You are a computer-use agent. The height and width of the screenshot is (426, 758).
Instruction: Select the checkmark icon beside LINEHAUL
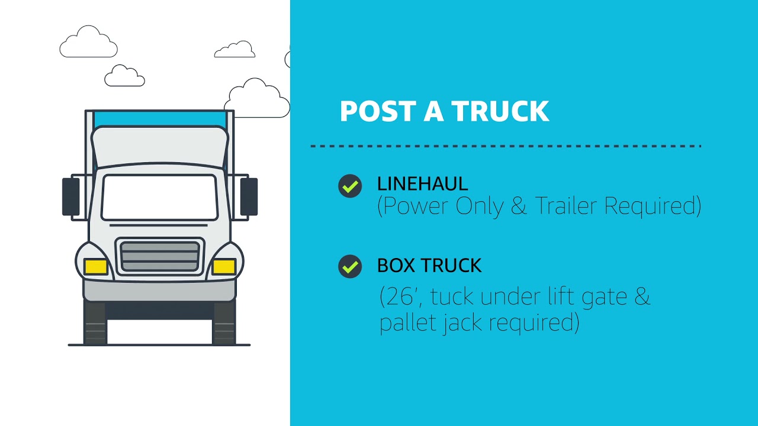350,186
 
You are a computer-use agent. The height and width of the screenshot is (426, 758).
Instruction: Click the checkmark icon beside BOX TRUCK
350,266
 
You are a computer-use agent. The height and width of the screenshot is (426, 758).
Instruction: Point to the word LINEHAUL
423,184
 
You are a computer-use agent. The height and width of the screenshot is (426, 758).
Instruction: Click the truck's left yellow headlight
96,266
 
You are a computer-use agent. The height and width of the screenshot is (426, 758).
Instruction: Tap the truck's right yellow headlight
224,266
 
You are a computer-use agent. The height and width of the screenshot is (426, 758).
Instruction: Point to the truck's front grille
160,256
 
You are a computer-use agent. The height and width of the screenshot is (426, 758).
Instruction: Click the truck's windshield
159,198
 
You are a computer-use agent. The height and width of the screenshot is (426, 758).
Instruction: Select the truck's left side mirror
71,197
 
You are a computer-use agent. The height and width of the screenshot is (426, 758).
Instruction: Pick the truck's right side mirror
249,197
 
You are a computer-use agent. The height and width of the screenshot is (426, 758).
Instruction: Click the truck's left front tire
95,322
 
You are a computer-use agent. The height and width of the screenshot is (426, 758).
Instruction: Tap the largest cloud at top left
89,41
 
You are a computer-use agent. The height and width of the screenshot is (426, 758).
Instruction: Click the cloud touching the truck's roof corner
257,98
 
